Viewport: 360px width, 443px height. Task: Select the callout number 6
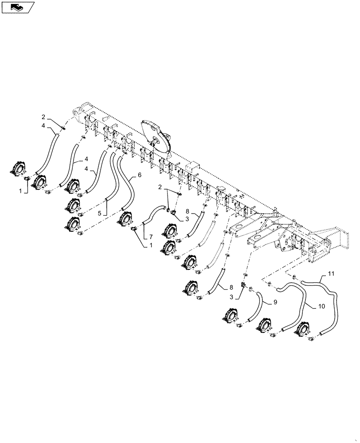click(140, 175)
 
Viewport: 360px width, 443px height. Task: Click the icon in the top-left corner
click(17, 7)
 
